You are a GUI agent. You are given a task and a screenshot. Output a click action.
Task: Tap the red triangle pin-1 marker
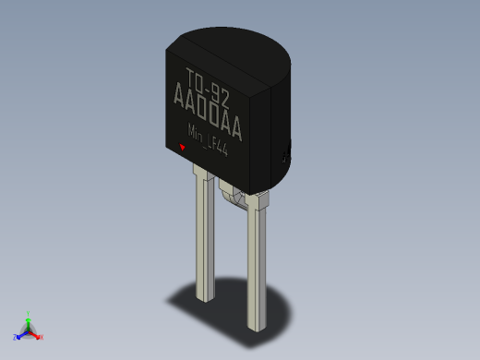pos(183,146)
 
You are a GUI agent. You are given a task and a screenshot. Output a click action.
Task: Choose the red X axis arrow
pos(36,334)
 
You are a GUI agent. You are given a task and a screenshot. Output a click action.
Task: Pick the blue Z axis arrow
pos(20,335)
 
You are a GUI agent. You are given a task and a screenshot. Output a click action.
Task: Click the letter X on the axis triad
pos(42,337)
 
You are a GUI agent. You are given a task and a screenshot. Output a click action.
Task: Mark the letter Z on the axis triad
pos(15,338)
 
